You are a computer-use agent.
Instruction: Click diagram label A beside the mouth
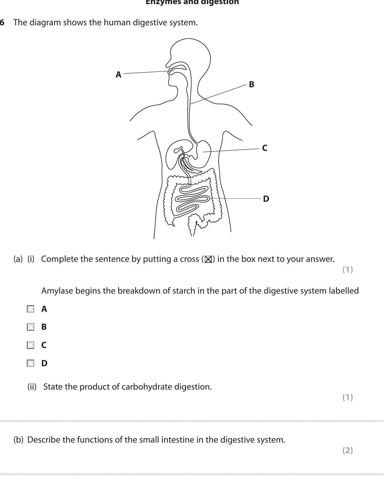point(118,74)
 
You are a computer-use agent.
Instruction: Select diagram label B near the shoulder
point(252,84)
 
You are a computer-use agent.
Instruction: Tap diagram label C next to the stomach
point(265,148)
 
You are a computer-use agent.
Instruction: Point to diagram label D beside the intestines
point(266,199)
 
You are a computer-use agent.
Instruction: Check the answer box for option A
point(30,309)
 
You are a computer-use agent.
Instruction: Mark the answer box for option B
point(30,327)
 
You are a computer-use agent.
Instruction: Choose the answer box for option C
point(30,345)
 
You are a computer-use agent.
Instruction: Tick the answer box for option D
point(30,363)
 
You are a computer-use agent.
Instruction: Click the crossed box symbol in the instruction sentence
point(208,259)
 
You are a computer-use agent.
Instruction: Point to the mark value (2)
point(347,450)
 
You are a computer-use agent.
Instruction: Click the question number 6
point(2,23)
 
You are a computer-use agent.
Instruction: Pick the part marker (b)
point(19,440)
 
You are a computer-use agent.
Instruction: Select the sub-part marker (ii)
point(32,387)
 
